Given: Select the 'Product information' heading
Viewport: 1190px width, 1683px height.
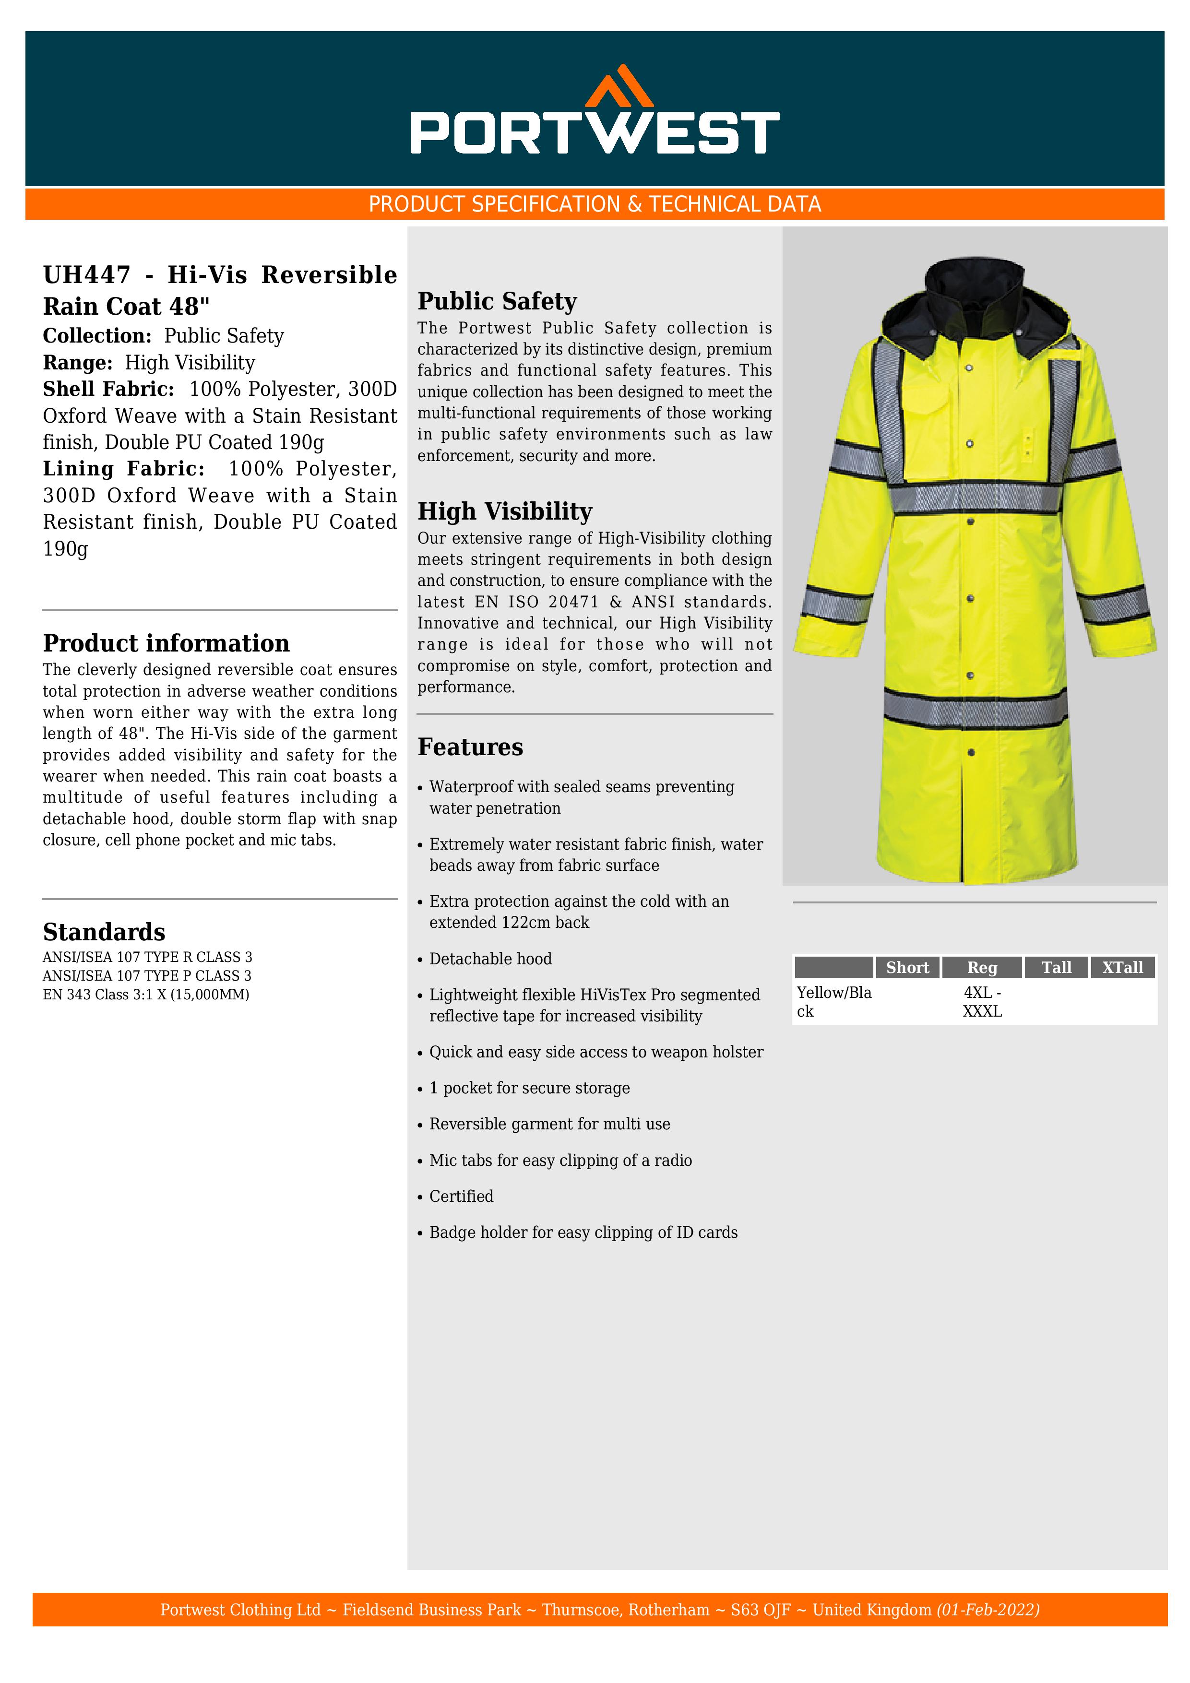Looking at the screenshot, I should [x=166, y=643].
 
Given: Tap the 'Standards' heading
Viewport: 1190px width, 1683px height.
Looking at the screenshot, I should [x=104, y=932].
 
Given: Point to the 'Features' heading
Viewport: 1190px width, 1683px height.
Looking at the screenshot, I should [x=470, y=747].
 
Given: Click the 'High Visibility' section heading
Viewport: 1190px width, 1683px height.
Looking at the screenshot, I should [x=504, y=511].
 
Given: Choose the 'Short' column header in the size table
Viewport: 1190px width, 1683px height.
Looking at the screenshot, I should [x=907, y=968].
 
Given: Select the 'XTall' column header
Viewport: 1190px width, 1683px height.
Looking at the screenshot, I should [x=1122, y=968].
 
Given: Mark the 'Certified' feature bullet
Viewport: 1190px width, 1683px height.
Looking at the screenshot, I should [x=461, y=1196].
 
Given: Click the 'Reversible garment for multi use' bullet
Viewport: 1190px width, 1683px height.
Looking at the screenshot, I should [x=549, y=1125].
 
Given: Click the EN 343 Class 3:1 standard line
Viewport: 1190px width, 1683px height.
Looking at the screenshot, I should [x=146, y=995].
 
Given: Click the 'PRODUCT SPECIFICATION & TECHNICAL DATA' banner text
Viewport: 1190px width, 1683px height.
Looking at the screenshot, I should [x=595, y=204].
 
